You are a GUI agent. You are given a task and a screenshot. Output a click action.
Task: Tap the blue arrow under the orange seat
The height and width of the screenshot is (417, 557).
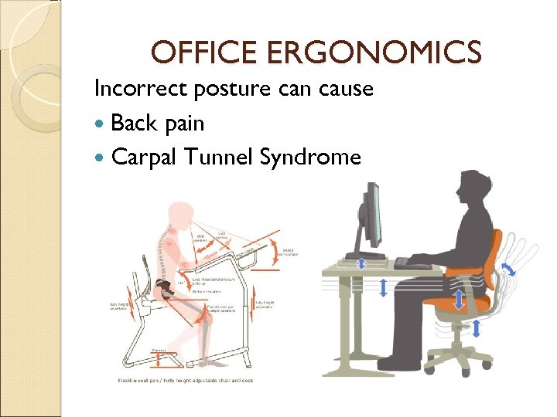click(x=477, y=328)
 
